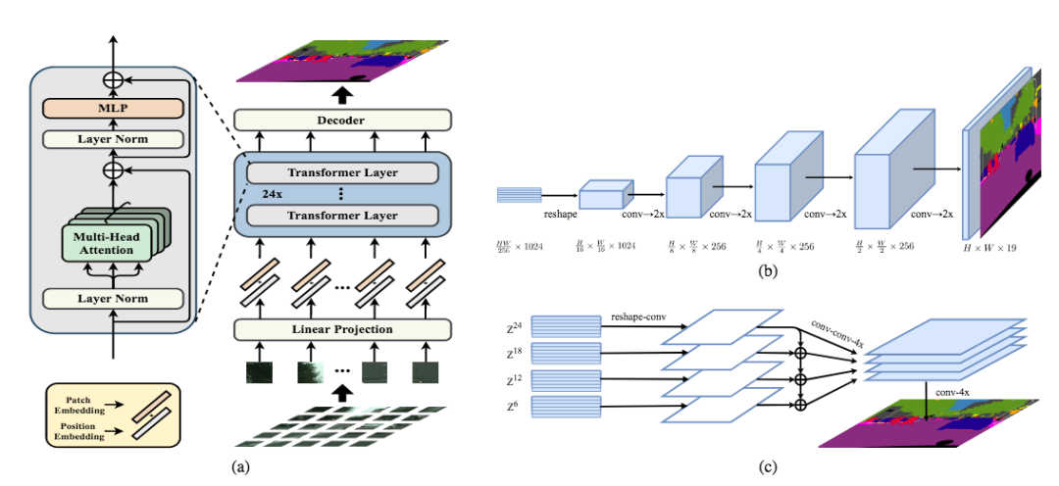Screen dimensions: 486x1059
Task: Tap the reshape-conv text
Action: tap(636, 317)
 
